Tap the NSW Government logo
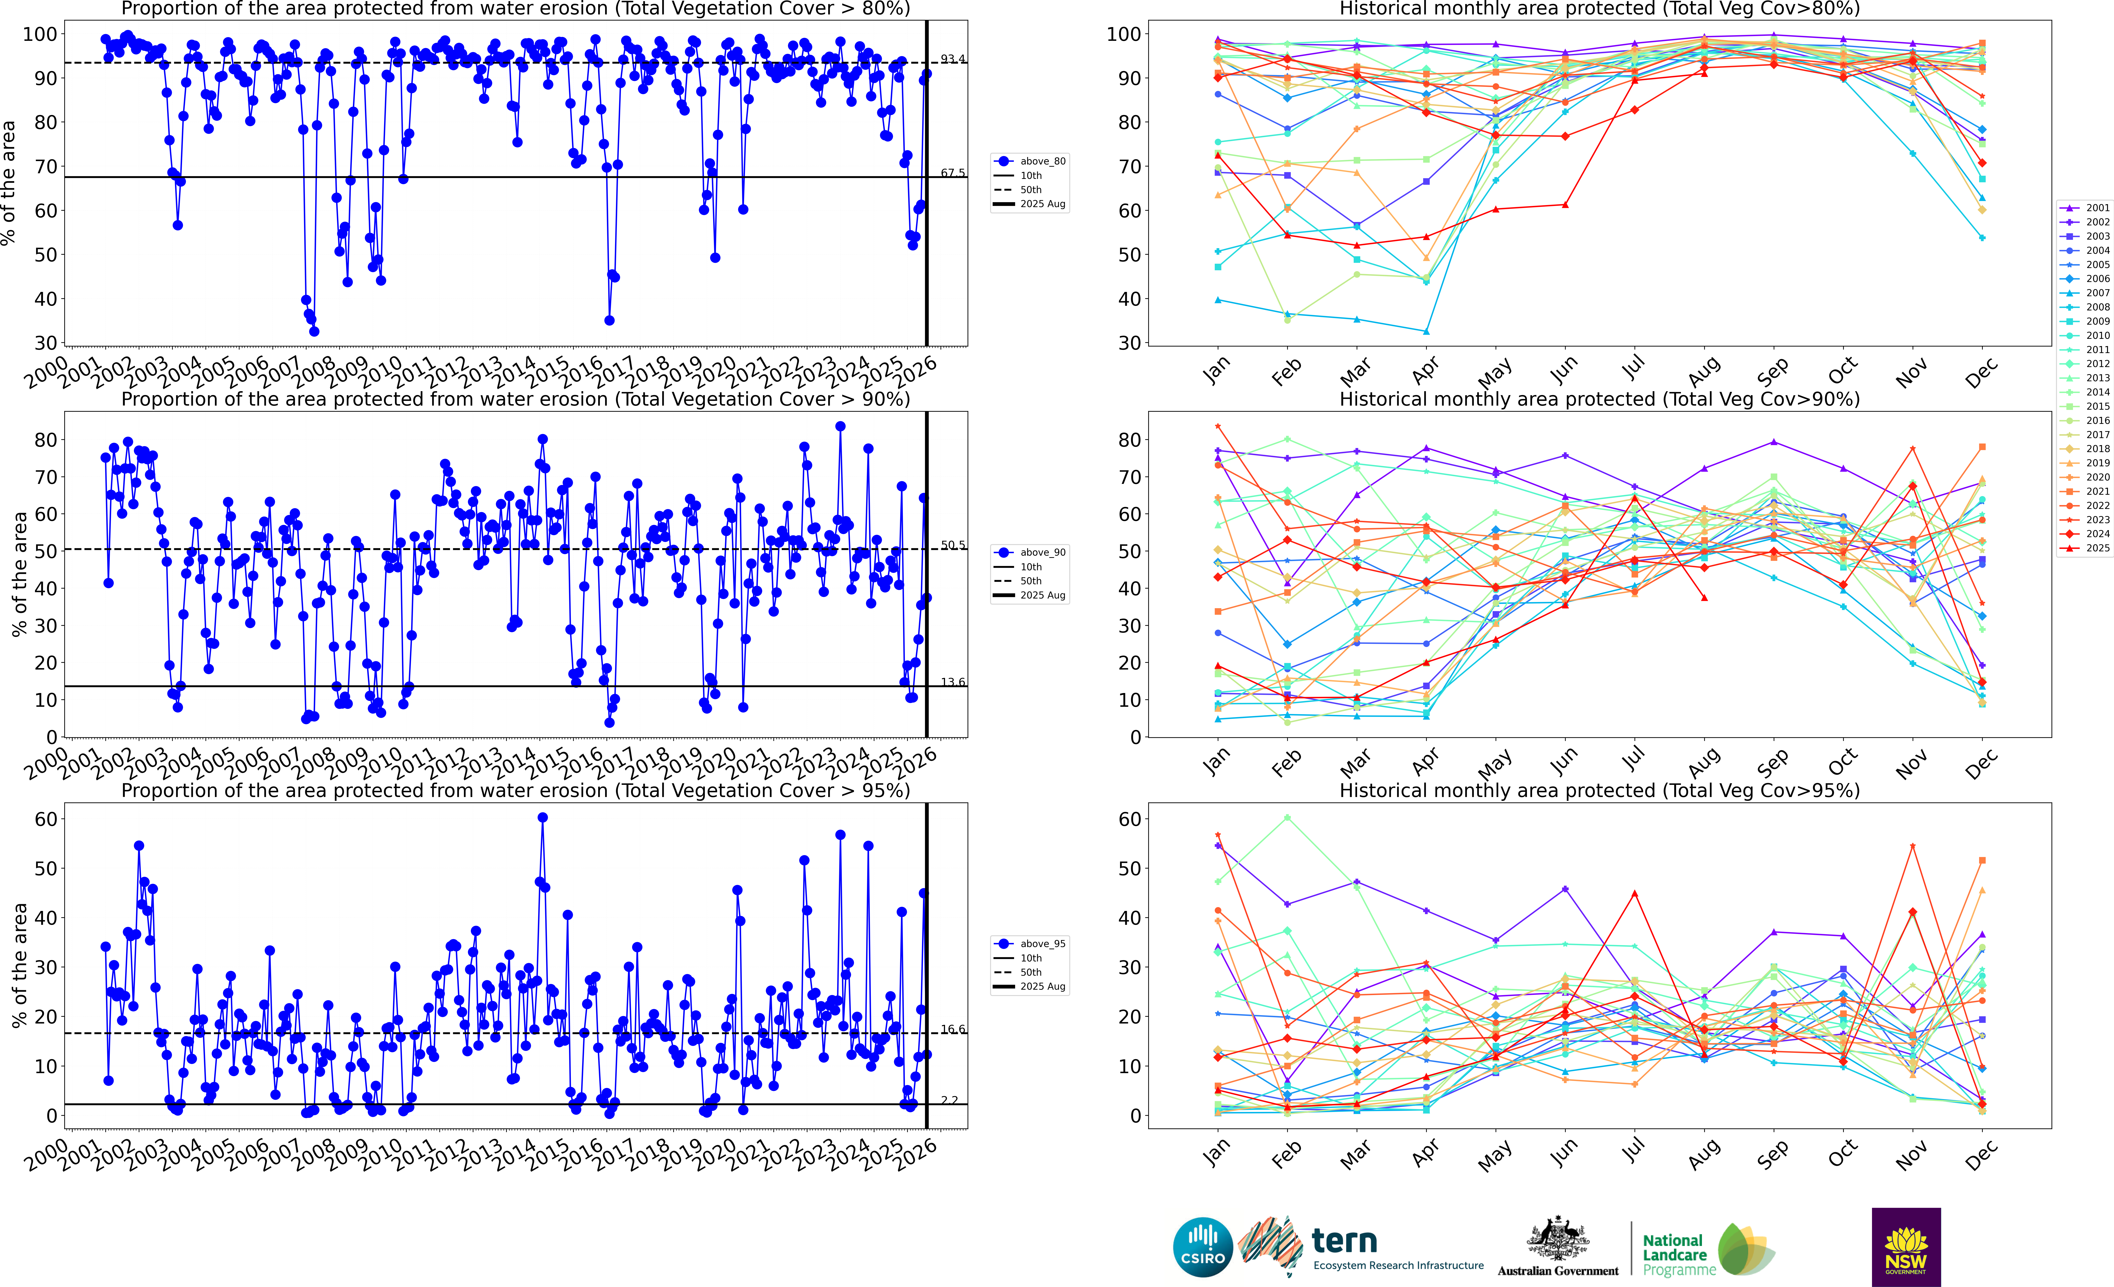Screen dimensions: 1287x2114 1906,1247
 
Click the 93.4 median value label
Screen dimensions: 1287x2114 952,58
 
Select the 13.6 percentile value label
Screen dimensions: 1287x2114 952,682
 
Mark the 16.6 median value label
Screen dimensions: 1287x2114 952,1029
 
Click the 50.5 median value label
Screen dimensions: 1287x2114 952,545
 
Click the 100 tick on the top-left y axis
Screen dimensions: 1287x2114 39,34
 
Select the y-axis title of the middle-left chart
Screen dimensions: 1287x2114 19,574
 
